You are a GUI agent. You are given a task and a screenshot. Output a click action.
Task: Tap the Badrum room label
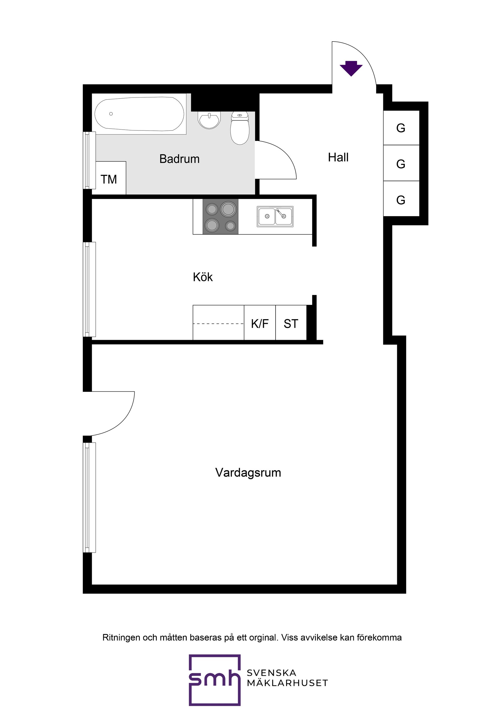[x=179, y=159]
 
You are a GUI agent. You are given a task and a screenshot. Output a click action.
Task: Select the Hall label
[x=338, y=157]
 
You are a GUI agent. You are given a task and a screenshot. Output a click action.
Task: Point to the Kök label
[x=203, y=277]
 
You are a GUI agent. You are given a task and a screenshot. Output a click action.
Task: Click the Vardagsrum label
[x=248, y=473]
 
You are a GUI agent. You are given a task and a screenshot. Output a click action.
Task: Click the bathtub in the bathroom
[x=139, y=114]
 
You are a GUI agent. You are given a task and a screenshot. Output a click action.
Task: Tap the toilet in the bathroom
[x=240, y=128]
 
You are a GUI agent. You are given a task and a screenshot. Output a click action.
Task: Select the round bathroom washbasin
[x=210, y=120]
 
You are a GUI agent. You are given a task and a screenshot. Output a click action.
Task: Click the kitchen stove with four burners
[x=220, y=216]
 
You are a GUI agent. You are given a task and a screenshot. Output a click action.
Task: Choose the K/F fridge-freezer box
[x=260, y=323]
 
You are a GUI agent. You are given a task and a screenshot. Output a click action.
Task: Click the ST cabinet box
[x=291, y=323]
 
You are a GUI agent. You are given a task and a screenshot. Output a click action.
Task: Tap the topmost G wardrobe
[x=401, y=128]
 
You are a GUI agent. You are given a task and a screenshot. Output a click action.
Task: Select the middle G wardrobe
[x=401, y=164]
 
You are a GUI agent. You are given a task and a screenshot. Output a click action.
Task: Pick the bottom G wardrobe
[x=401, y=200]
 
